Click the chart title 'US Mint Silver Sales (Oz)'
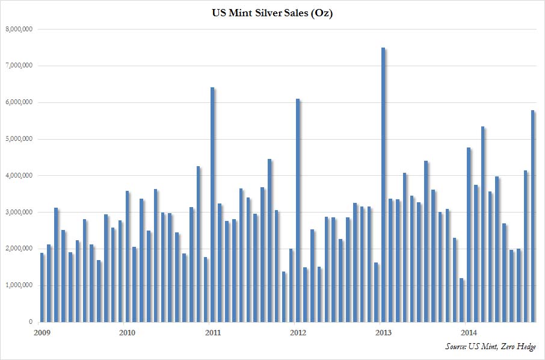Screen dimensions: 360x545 (272, 13)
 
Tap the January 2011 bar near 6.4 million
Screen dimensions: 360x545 (212, 205)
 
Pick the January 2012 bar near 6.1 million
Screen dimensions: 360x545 (298, 210)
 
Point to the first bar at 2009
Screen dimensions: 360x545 (42, 288)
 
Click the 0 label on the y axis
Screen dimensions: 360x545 (30, 323)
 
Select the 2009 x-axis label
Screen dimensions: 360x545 (40, 332)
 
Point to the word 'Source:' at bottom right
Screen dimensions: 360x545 (457, 347)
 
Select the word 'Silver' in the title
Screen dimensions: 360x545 (263, 13)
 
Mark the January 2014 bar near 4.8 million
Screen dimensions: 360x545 (469, 235)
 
